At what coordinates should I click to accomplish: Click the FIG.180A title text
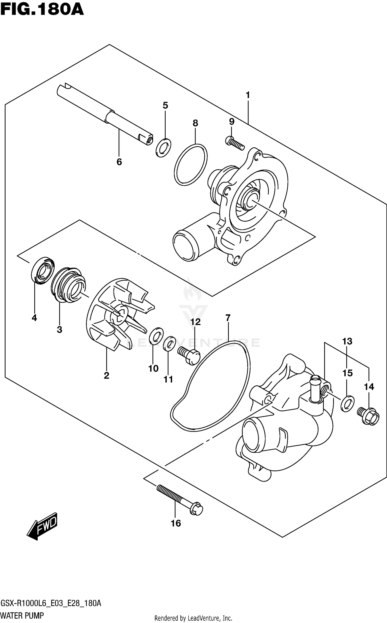tap(42, 10)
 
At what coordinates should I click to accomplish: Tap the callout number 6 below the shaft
tap(119, 162)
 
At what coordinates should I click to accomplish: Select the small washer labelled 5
tap(164, 148)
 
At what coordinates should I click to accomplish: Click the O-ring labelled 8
tap(191, 165)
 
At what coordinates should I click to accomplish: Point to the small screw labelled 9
tap(235, 143)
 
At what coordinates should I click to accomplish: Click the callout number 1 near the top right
tap(248, 95)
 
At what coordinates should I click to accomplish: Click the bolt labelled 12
tap(189, 356)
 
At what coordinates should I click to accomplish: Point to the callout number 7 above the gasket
tap(228, 318)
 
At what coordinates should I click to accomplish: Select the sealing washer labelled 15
tap(347, 403)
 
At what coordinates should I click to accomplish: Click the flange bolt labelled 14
tap(368, 416)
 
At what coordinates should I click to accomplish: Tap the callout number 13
tap(347, 341)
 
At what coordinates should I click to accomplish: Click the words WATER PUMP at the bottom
tap(22, 616)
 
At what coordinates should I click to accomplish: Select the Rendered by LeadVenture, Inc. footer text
tap(193, 618)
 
